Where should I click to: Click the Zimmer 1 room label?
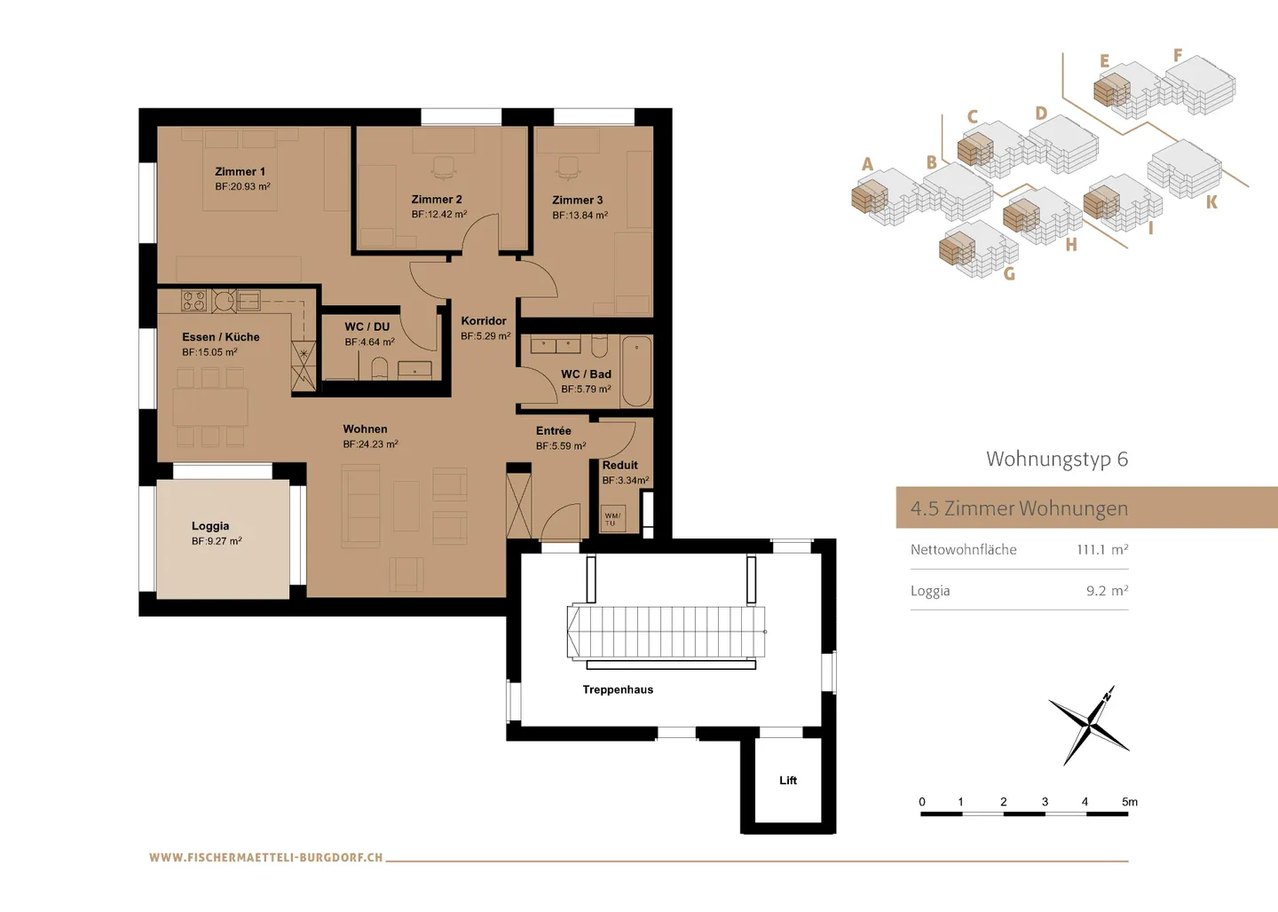240,171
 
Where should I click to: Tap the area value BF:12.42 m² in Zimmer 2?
438,215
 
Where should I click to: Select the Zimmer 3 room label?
577,200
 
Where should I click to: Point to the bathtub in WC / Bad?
636,370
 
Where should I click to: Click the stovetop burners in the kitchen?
193,301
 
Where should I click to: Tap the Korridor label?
484,321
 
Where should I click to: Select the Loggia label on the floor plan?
210,526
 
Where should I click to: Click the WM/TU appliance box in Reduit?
612,518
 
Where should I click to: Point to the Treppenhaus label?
618,689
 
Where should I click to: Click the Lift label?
788,781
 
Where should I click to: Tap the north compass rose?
1089,725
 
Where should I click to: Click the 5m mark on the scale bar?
1129,802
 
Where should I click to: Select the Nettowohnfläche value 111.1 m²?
1102,550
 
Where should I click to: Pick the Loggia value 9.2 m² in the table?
1107,591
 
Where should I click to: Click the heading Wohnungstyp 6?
1056,459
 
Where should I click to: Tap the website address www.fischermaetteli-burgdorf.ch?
266,858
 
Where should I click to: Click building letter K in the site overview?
1211,202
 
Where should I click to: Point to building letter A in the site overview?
867,164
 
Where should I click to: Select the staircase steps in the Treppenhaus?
666,632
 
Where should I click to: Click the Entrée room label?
554,431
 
